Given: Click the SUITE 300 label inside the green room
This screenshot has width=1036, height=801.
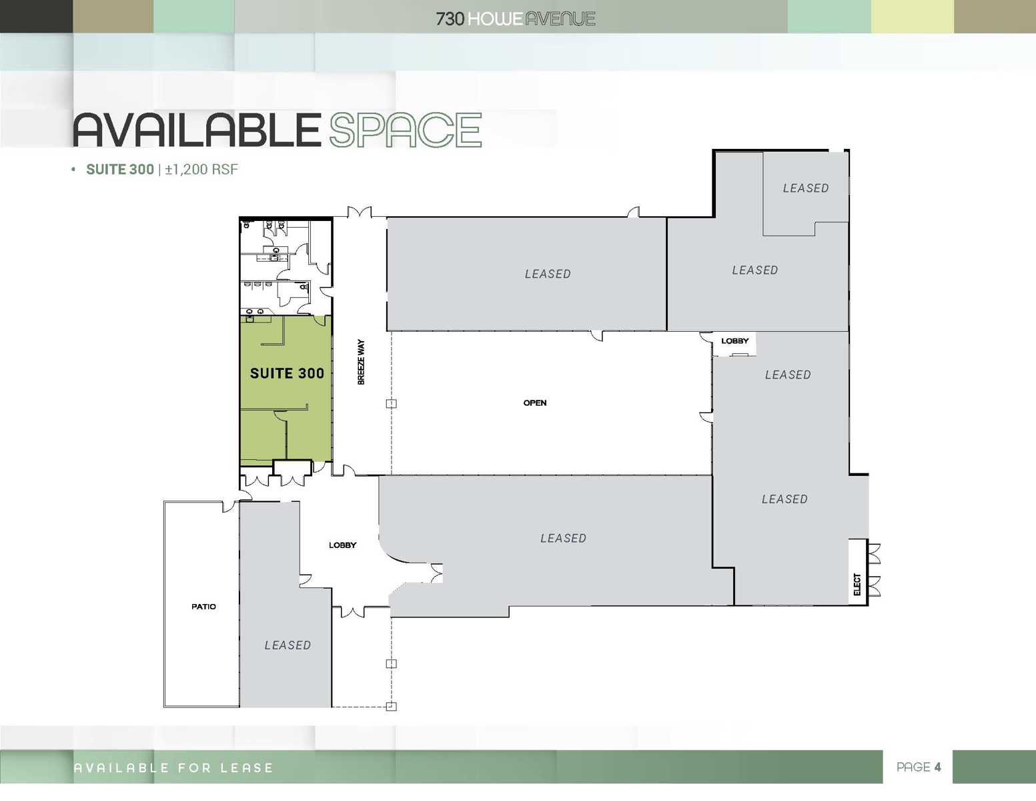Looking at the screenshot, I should tap(287, 374).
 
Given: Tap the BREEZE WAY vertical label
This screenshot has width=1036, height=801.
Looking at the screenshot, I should tap(361, 362).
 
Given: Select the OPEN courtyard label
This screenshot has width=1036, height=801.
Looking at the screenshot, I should tap(535, 403).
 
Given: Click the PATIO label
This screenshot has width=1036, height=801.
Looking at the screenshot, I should tap(203, 607).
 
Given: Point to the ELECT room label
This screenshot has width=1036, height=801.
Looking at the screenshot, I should tap(857, 584).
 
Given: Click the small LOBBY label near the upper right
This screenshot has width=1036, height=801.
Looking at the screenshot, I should tap(734, 341).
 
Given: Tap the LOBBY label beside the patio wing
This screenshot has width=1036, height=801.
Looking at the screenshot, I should tap(342, 545).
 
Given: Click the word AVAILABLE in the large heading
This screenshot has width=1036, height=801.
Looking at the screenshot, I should tap(197, 130).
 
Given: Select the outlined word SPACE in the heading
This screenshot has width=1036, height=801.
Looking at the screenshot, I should tap(405, 130).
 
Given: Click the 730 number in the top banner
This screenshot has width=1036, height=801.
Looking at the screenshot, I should tap(450, 19).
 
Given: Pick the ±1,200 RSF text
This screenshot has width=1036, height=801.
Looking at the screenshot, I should tap(201, 170).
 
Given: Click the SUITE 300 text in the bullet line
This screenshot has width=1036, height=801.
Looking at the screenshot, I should tap(120, 170).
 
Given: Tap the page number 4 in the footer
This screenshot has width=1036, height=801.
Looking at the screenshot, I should tap(937, 767).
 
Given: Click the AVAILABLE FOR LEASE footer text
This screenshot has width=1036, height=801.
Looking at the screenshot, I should tap(173, 768).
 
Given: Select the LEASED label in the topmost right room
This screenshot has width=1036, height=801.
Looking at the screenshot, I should tap(806, 188).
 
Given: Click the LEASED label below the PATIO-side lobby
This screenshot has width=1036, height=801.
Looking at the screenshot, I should tap(288, 645).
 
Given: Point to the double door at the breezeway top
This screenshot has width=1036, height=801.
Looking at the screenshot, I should tap(360, 212).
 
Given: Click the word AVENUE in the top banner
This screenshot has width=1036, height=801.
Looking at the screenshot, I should tap(560, 19).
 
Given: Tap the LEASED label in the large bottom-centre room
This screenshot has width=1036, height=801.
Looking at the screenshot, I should tap(563, 539).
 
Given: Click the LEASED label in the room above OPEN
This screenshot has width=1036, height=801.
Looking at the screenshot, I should tap(548, 274).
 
